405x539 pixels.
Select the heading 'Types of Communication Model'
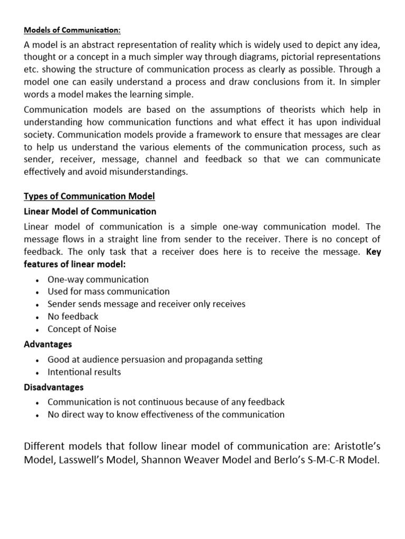tap(90, 196)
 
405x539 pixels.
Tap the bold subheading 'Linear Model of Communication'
tap(90, 212)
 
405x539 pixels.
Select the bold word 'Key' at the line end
tap(373, 252)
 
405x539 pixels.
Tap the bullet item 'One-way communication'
tap(98, 280)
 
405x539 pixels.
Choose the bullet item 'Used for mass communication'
tap(109, 292)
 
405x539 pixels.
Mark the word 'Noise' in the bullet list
tap(104, 329)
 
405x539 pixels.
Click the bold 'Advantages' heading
tap(48, 344)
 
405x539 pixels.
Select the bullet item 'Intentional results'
tap(84, 372)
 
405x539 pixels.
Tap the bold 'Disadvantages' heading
tap(54, 387)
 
